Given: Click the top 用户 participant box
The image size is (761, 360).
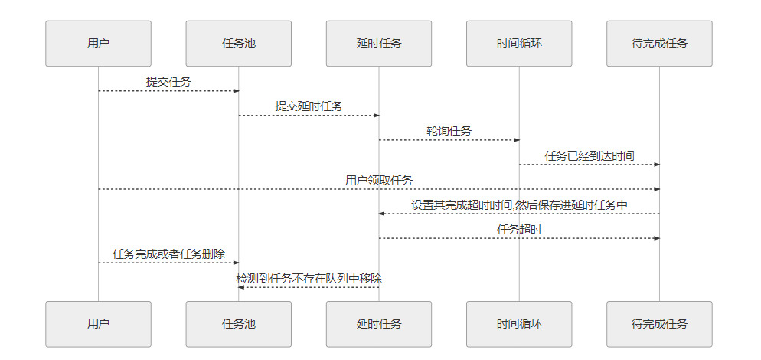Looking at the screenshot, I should click(98, 44).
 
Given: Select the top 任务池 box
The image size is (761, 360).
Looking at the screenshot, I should click(238, 44).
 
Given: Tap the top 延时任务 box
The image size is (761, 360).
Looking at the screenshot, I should click(378, 44).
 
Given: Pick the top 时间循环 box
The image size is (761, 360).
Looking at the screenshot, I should click(519, 44).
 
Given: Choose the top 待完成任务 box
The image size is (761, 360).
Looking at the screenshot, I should click(659, 44).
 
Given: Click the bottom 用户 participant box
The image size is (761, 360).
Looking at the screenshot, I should click(98, 324).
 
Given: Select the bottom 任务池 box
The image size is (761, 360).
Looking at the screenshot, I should click(238, 324).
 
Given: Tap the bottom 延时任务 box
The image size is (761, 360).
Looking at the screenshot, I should click(378, 324).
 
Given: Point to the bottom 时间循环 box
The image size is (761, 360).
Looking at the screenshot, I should click(519, 324).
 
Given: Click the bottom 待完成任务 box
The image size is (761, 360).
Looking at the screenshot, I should click(659, 324).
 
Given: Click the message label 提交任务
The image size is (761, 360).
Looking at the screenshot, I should click(168, 81).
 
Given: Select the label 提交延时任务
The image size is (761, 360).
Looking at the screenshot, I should click(309, 106).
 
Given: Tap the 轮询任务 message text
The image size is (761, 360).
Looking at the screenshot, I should click(449, 131).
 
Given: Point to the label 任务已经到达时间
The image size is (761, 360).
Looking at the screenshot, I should click(589, 155).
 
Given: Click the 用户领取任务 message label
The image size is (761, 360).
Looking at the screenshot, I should click(378, 180).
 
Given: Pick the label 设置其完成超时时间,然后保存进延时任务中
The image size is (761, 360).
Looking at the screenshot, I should click(519, 205).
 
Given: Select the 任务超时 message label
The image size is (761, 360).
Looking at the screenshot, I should click(519, 229).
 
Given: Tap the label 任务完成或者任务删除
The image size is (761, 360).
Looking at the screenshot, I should click(168, 254).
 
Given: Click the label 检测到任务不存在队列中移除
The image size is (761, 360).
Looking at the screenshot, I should click(309, 279).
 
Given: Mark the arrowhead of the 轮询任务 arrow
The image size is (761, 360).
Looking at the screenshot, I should click(517, 140).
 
